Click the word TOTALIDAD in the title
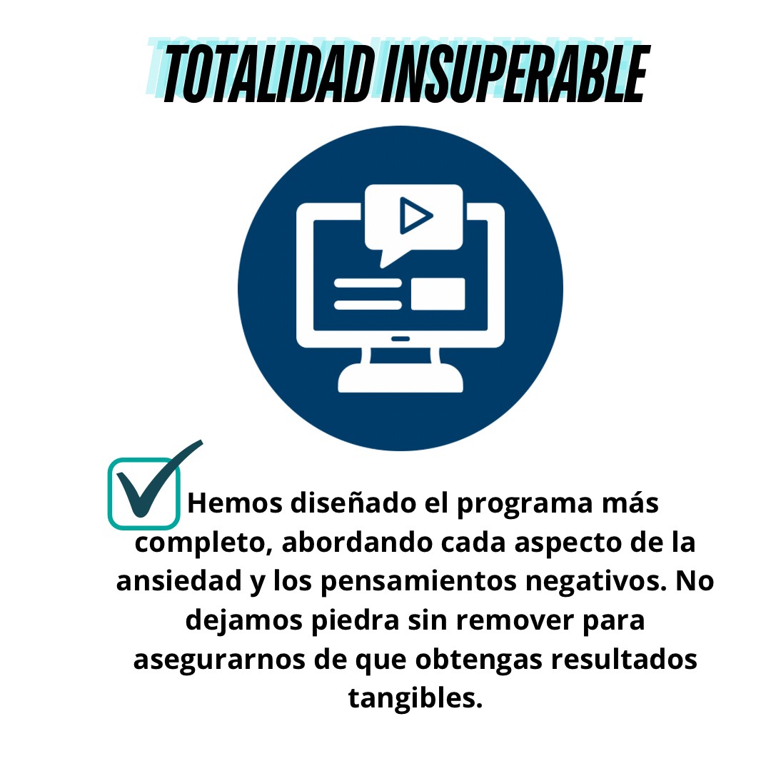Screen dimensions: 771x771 coord(268,74)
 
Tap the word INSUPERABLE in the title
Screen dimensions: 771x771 coord(516,74)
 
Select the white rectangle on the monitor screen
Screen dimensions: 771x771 coord(438,294)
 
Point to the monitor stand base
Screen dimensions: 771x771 coord(400,378)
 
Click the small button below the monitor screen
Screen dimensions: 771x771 coord(400,339)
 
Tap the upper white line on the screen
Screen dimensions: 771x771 coord(368,283)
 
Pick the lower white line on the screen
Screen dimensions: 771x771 coord(368,305)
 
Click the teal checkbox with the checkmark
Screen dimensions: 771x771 coord(143,493)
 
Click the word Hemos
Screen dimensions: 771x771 coord(235,503)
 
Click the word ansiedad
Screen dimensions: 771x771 coord(179,580)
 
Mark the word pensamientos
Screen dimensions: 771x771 coord(418,582)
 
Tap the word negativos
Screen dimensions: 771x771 coord(596,583)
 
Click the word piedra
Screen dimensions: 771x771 coord(355,620)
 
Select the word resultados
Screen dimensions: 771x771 coord(623,659)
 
